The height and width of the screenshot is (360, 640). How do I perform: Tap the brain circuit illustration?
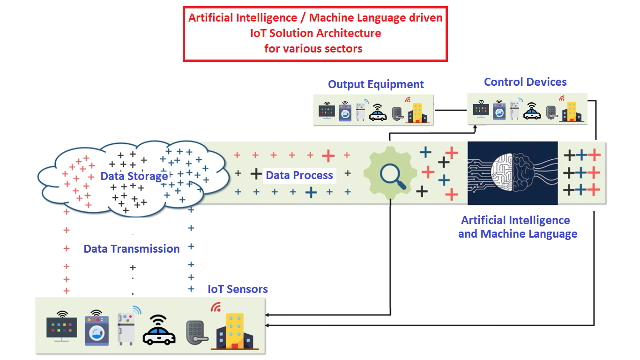click(x=513, y=173)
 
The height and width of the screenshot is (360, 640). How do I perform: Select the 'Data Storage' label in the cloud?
click(x=134, y=176)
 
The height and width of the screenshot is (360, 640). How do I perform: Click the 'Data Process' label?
click(x=299, y=175)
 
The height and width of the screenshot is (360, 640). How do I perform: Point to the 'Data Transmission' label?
click(x=132, y=249)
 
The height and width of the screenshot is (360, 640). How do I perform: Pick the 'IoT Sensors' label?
click(x=238, y=289)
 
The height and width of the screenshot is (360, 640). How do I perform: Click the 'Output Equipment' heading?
click(x=376, y=84)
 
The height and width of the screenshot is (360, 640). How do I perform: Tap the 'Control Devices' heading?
click(x=525, y=82)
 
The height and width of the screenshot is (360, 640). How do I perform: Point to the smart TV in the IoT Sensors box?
click(x=61, y=327)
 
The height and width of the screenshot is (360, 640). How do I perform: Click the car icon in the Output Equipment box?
click(x=378, y=113)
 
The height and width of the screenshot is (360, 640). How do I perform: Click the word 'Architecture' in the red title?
click(x=349, y=33)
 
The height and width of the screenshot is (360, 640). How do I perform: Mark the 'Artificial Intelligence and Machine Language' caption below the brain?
click(x=517, y=227)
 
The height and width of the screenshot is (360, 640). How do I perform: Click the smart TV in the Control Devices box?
click(x=481, y=110)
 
